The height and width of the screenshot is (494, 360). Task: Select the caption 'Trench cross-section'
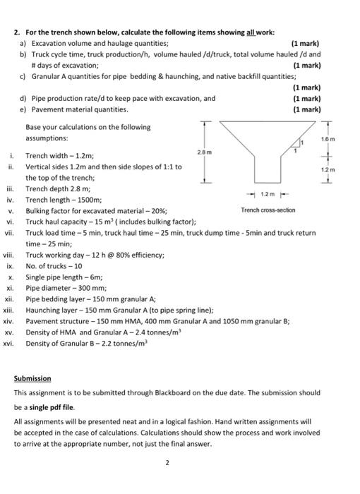[x=268, y=210]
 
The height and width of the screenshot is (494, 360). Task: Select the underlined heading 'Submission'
[x=32, y=378]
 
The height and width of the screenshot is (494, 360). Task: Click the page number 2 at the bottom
[x=167, y=463]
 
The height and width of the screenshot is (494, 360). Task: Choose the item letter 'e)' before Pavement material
[x=24, y=109]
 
